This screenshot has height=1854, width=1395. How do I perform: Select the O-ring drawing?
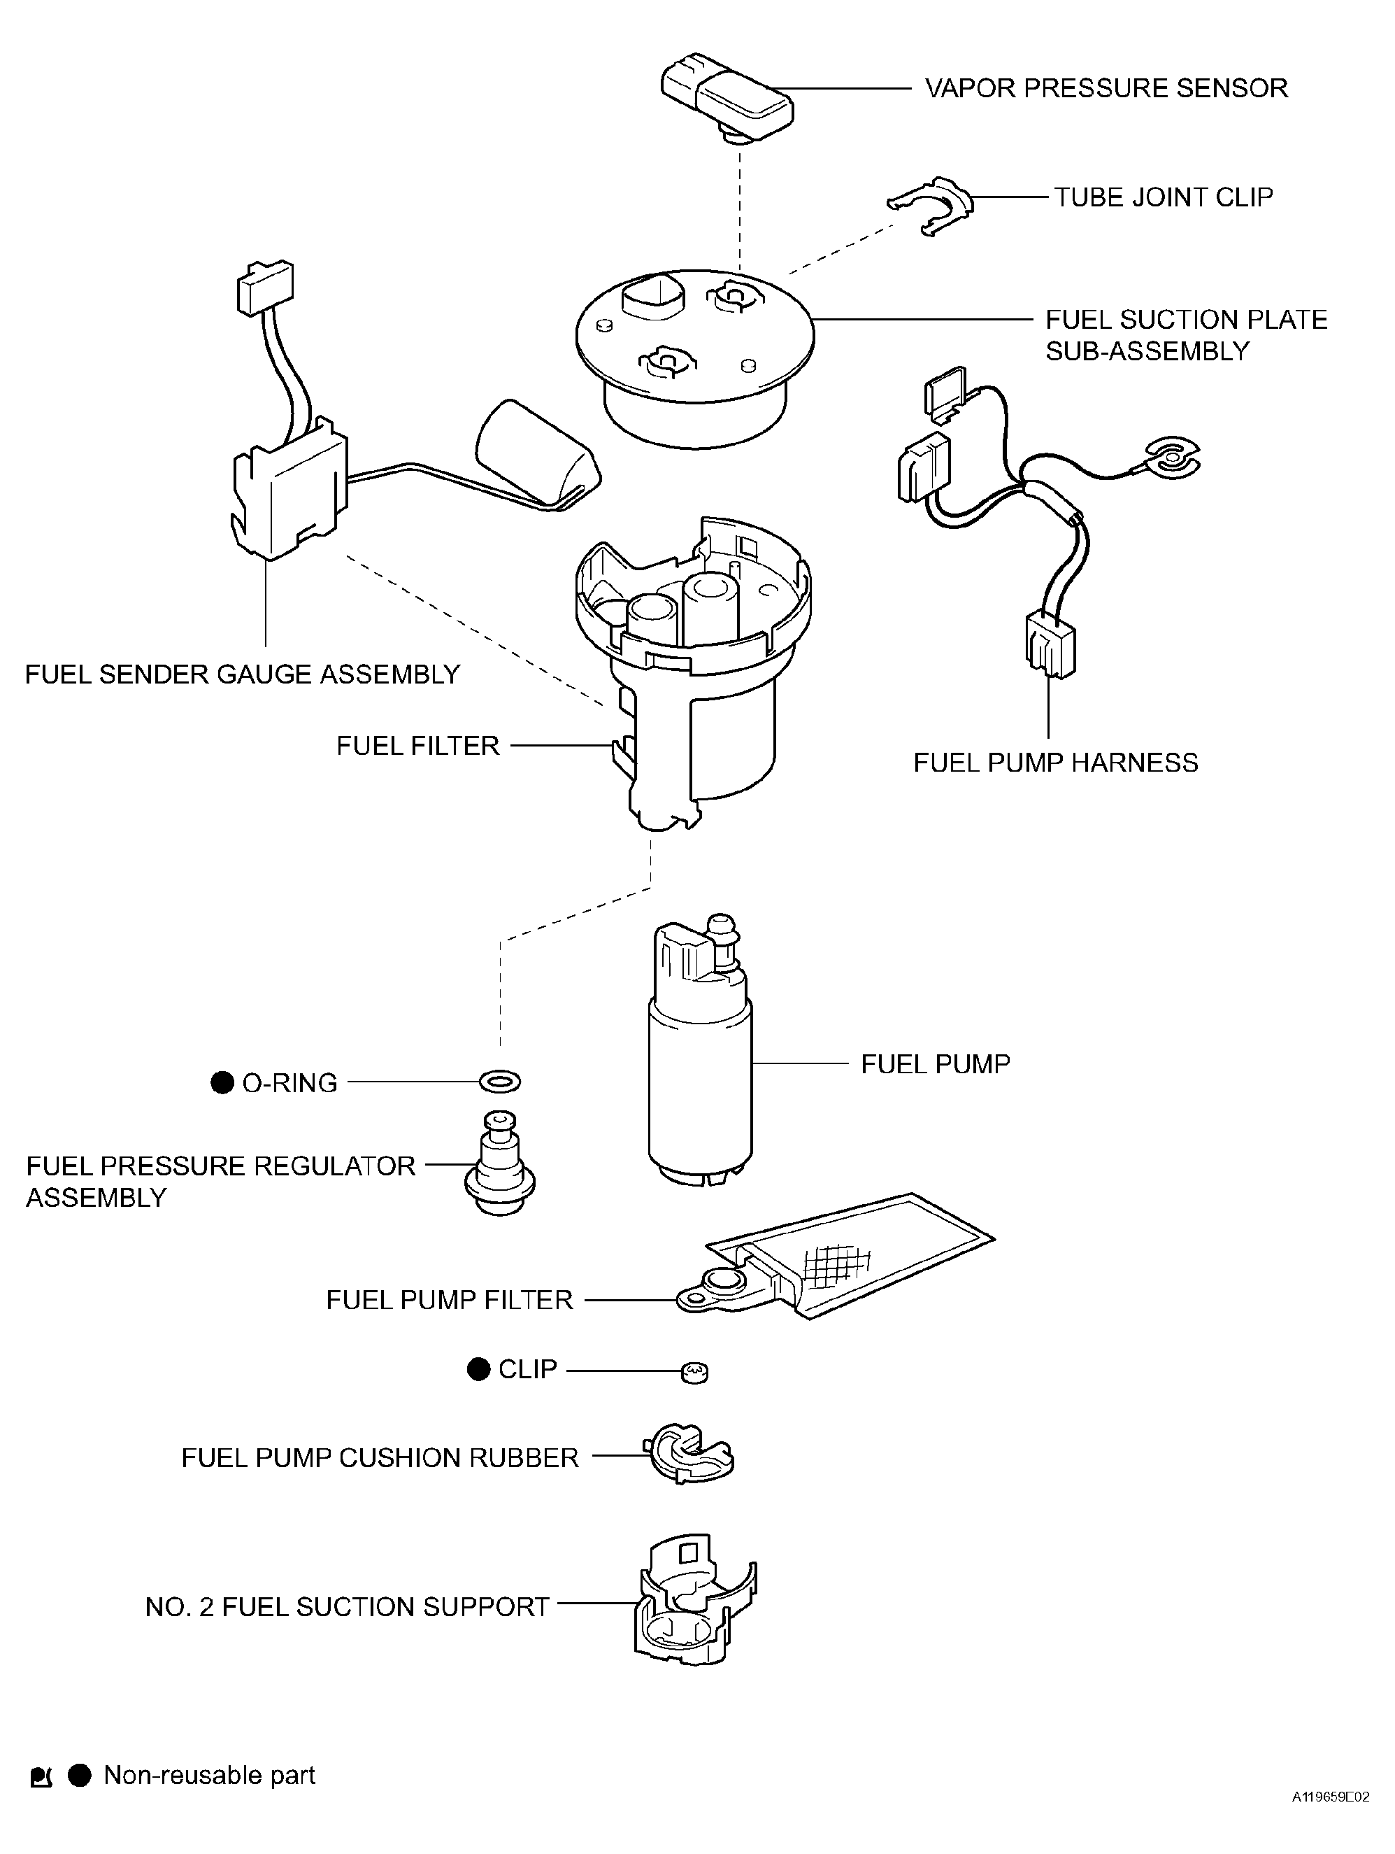(x=499, y=1081)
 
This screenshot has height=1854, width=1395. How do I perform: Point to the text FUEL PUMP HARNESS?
(x=1056, y=763)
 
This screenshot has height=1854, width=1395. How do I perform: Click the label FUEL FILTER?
(x=418, y=745)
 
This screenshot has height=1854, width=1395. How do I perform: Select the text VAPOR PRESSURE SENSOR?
(x=1106, y=88)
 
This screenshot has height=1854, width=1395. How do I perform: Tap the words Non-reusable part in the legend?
(x=210, y=1775)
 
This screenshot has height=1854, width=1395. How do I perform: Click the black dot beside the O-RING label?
(x=222, y=1083)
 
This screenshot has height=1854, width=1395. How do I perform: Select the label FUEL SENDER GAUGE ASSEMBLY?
(x=243, y=674)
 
